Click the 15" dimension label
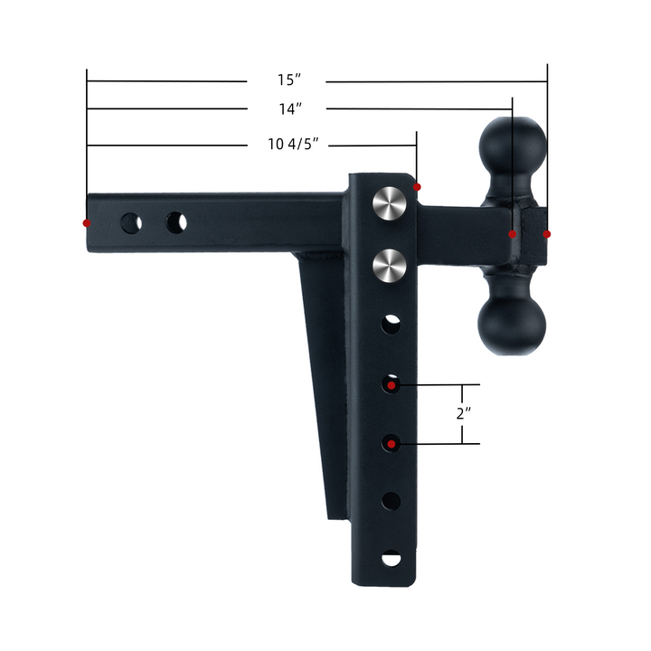[287, 81]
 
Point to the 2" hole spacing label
[464, 414]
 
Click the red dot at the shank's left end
[87, 222]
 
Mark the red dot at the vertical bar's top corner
[418, 187]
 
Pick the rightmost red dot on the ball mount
[547, 234]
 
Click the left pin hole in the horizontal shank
[132, 222]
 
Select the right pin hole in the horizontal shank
[176, 222]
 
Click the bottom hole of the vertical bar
[391, 559]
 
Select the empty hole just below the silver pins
[391, 323]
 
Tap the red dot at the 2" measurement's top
[392, 386]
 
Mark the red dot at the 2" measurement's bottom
[391, 444]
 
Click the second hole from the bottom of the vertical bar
[391, 500]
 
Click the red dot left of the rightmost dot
[513, 234]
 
